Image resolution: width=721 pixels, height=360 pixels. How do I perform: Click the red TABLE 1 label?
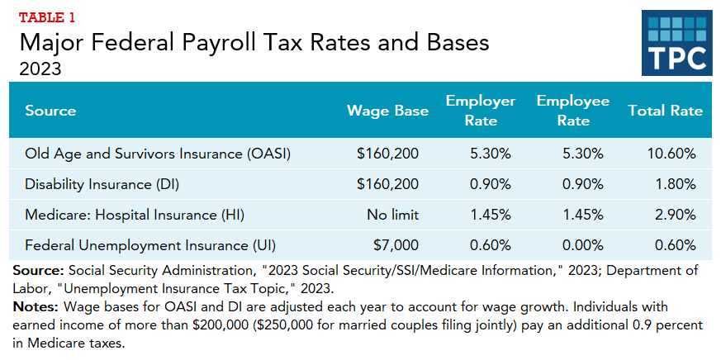point(47,17)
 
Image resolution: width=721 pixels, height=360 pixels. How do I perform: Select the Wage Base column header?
point(388,111)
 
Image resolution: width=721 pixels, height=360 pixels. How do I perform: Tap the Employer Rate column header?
point(480,111)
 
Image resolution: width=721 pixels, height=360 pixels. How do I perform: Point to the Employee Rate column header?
point(572,111)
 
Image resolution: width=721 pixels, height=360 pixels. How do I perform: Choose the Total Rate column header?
point(665,111)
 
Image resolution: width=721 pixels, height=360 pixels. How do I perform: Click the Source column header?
point(50,111)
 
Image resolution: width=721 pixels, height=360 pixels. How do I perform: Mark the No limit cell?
point(393,215)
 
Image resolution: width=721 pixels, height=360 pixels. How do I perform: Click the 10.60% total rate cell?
point(672,154)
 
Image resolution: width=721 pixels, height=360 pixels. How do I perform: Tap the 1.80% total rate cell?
point(676,184)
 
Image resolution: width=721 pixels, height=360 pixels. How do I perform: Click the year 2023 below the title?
point(40,69)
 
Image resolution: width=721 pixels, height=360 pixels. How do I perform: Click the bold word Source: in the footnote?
point(40,271)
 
